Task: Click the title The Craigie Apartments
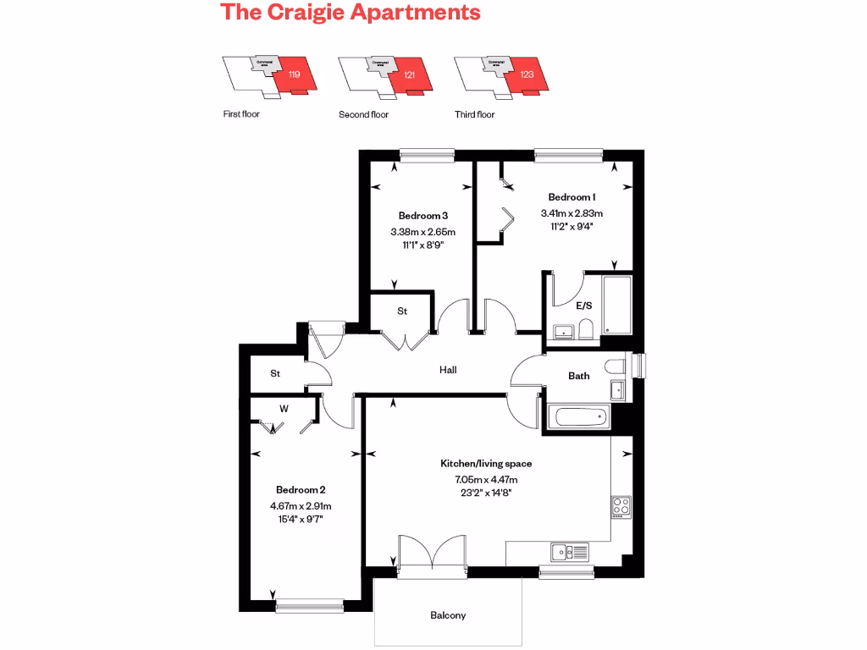pos(350,13)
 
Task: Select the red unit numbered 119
pos(296,74)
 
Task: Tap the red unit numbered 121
pos(411,74)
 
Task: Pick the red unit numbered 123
pos(527,74)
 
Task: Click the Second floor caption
pos(363,114)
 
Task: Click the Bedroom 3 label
pos(422,215)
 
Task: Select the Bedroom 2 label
pos(301,489)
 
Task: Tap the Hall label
pos(448,370)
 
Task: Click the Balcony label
pos(448,615)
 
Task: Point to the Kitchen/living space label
pos(485,464)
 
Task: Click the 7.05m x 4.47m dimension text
pos(485,480)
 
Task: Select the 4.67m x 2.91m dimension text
pos(301,506)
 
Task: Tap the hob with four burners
pos(621,505)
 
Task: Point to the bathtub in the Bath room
pos(579,416)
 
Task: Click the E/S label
pos(583,306)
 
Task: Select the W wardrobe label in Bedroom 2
pos(284,409)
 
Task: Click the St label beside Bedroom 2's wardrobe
pos(275,373)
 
